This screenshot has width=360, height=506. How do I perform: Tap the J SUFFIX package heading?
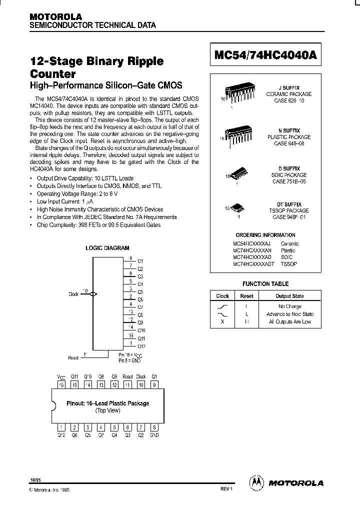[x=288, y=87]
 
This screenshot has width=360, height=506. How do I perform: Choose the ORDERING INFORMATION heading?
[x=265, y=235]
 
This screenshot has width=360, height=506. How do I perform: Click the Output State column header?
[x=289, y=296]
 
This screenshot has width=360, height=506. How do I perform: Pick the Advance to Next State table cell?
[x=289, y=314]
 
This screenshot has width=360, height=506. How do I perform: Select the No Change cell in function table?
[x=289, y=306]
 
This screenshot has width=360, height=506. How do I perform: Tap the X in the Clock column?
[x=222, y=321]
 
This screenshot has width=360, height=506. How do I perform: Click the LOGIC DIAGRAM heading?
[x=107, y=248]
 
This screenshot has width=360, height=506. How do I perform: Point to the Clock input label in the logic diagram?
[x=73, y=294]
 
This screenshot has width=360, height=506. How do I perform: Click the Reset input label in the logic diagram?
[x=73, y=357]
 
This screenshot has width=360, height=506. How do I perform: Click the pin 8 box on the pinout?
[x=154, y=427]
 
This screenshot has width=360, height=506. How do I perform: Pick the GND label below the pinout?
[x=154, y=435]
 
